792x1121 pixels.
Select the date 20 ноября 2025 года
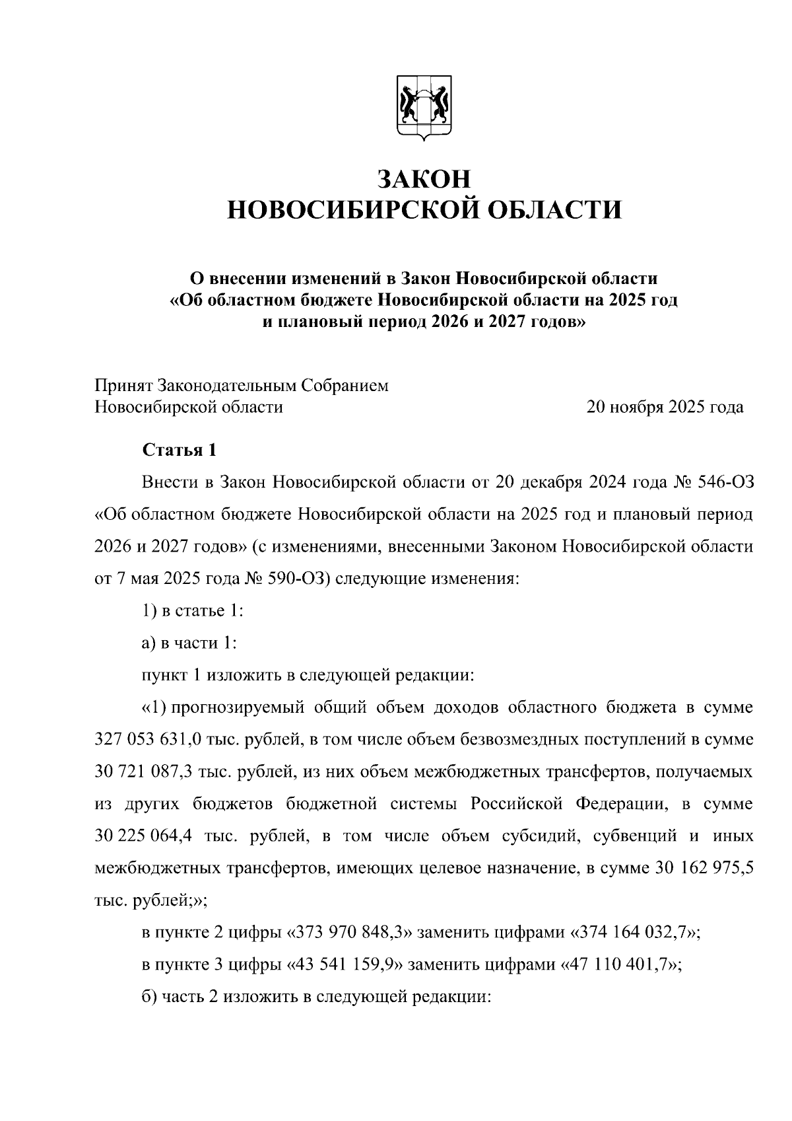[665, 407]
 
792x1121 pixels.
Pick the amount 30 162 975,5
[704, 868]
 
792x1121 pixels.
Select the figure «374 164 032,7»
[634, 932]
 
